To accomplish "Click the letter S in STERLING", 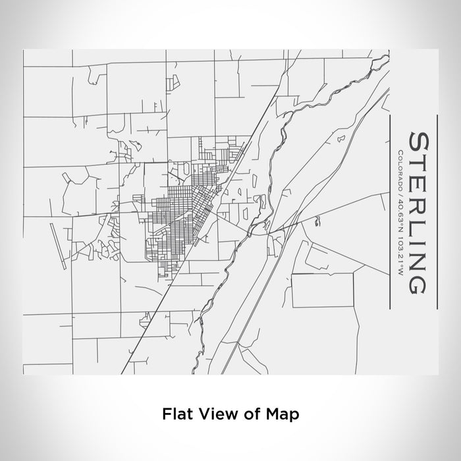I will coord(420,142).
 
